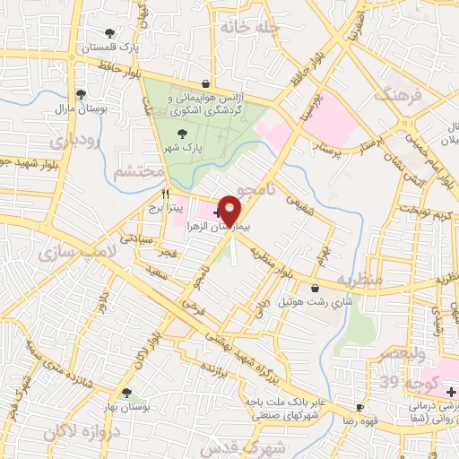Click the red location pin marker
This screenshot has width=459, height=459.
pyautogui.click(x=231, y=210)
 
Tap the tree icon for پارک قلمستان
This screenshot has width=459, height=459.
pyautogui.click(x=109, y=33)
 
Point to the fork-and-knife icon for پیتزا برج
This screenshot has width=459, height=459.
pyautogui.click(x=166, y=193)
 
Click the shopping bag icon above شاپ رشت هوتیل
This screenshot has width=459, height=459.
pyautogui.click(x=316, y=288)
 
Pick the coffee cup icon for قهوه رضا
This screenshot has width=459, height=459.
pyautogui.click(x=359, y=406)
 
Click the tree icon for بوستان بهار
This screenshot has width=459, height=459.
pyautogui.click(x=126, y=392)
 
